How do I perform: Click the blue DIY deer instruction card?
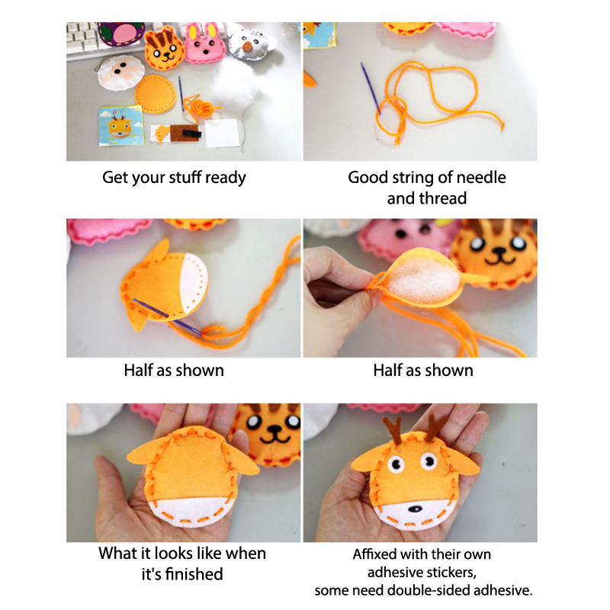pos(120,125)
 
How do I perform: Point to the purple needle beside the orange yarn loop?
pos(370,87)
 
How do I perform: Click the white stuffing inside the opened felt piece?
pos(423,281)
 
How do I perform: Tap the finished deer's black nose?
pos(415,509)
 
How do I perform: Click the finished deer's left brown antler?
pos(393,430)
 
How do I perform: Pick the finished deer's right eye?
pos(429,461)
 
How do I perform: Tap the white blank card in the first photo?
pos(222,133)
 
